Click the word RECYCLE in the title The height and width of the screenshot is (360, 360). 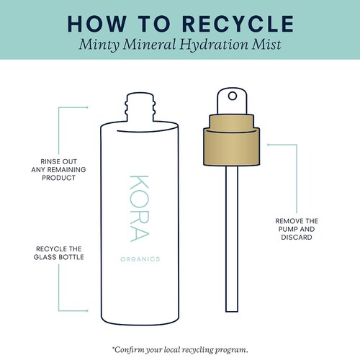tap(238, 24)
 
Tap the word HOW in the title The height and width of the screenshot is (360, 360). tap(97, 24)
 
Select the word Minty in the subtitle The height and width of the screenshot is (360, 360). tap(99, 45)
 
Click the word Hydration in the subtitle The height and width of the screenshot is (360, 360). tap(214, 45)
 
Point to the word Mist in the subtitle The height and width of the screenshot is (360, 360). tap(266, 45)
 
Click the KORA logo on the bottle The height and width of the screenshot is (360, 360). tap(140, 208)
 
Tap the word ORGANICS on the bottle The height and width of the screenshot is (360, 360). tap(140, 259)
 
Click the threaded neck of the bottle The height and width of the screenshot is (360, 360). tap(140, 107)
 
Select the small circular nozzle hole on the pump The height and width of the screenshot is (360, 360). tap(233, 96)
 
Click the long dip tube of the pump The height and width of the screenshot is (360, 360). tap(232, 239)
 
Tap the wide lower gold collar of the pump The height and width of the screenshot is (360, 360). tap(232, 147)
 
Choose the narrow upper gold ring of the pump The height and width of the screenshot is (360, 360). tap(232, 122)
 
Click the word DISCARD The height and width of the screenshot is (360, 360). tap(297, 238)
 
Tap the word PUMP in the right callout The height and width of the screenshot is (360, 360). tap(287, 229)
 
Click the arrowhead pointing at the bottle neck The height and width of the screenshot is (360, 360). tap(87, 107)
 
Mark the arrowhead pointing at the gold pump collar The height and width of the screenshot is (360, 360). tap(269, 145)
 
